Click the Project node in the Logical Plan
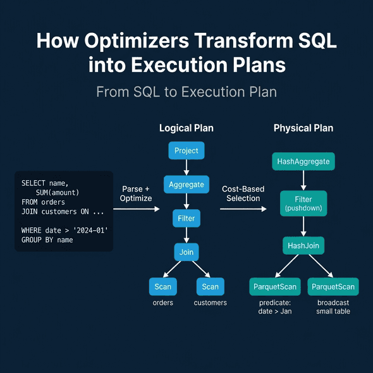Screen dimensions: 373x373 coord(186,151)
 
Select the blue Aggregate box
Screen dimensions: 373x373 coord(186,185)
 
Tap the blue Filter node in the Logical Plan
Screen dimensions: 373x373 coord(186,219)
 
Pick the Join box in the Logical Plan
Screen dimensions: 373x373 coord(186,253)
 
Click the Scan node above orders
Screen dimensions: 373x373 coord(162,287)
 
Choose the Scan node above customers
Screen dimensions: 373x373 coord(210,287)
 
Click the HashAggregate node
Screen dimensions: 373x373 coord(303,162)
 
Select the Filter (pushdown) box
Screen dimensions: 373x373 coord(303,204)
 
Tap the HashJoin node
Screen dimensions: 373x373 coord(303,245)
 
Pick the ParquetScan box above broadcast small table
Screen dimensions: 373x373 coord(334,287)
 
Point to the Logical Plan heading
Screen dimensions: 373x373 coord(186,128)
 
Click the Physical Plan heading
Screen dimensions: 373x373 coord(303,128)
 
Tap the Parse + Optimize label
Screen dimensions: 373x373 coord(136,193)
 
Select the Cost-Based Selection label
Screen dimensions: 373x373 coord(243,193)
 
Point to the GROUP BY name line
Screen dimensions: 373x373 coord(47,240)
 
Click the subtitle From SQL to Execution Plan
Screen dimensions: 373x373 coord(186,92)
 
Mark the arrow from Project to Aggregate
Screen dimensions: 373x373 coord(186,168)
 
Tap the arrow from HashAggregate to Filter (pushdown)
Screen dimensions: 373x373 coord(303,180)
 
